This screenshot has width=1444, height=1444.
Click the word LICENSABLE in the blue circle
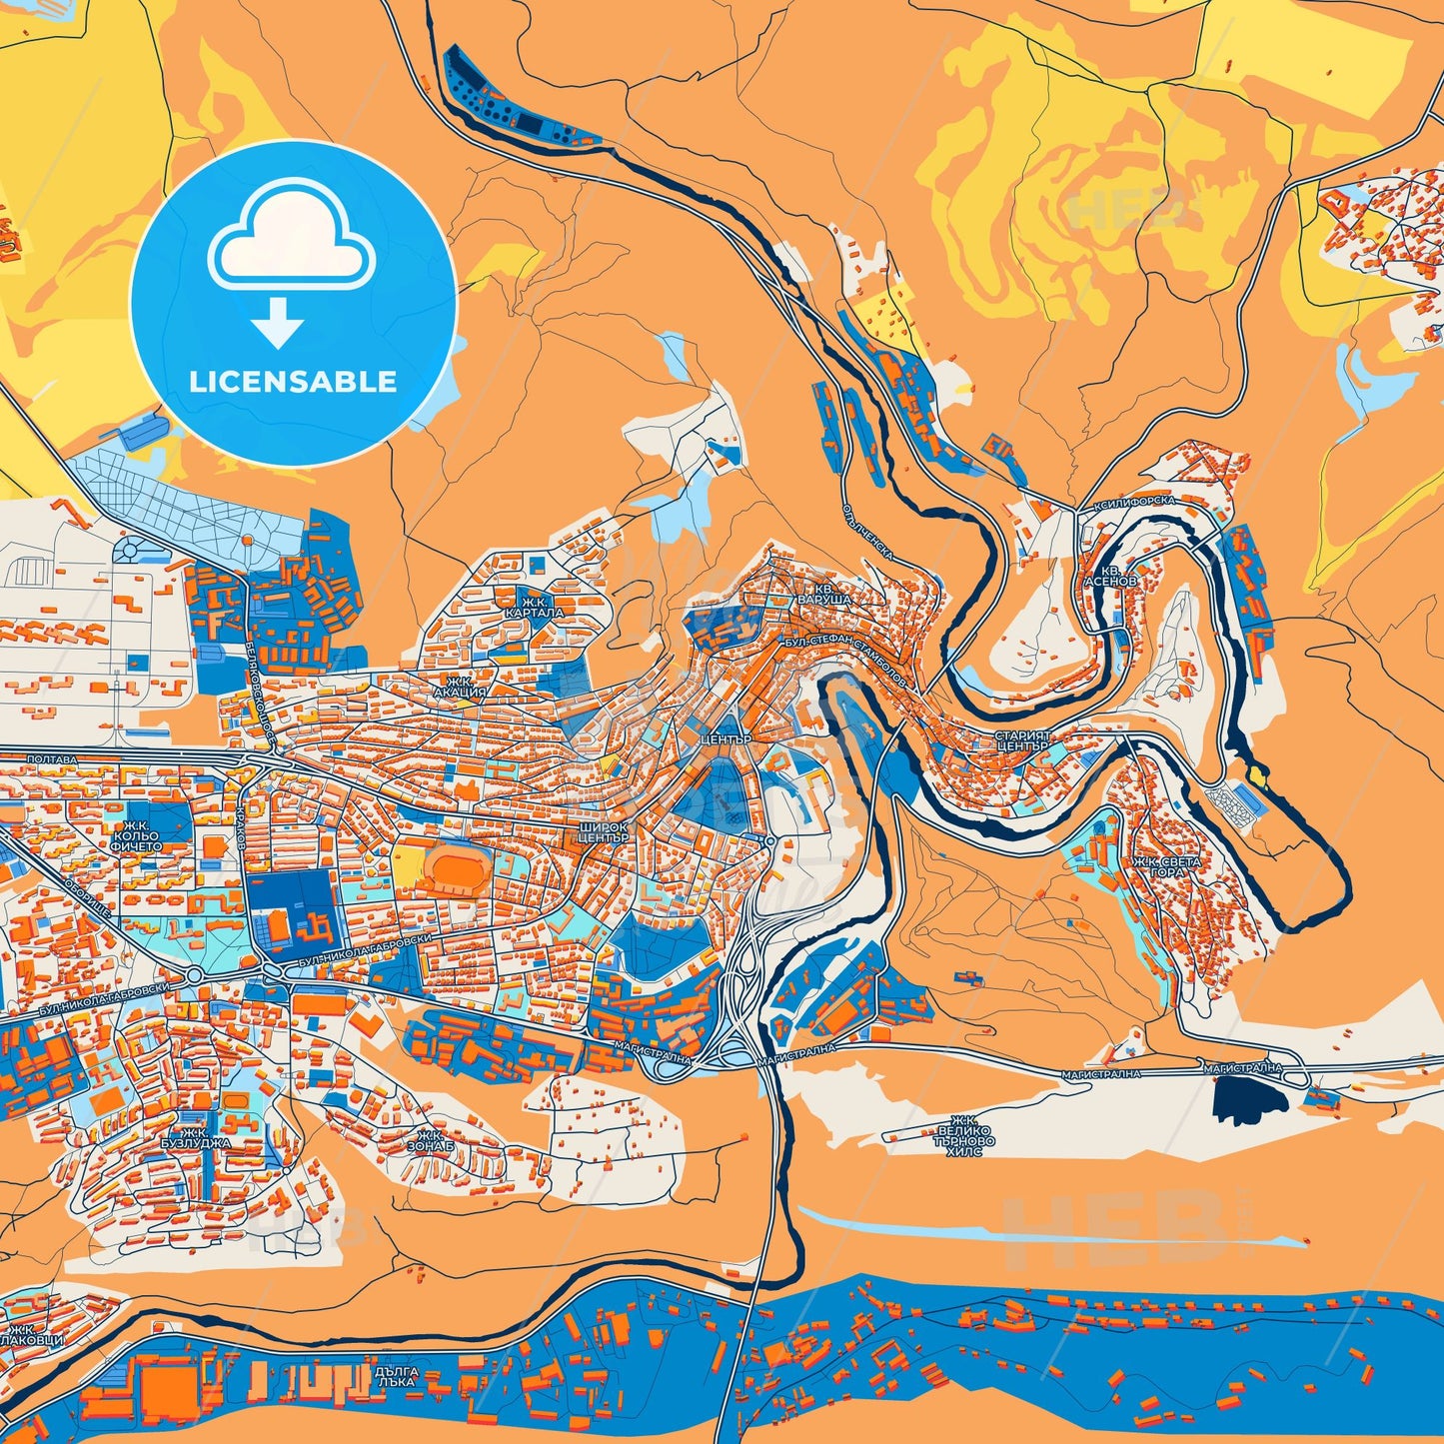coord(294,382)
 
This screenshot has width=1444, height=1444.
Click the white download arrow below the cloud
coord(278,323)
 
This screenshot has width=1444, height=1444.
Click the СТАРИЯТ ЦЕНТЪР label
coord(1021,740)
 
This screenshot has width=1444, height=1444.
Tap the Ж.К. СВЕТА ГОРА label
coord(1166,866)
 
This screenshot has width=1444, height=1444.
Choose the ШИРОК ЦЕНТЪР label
coord(603,832)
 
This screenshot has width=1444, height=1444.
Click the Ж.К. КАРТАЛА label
coord(541,607)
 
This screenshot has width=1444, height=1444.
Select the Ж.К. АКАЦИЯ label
coord(460,686)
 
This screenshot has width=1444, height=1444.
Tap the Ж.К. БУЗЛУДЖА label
coord(195,1137)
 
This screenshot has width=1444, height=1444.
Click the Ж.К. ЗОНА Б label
coord(431,1141)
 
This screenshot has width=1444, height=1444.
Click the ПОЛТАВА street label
coord(51,759)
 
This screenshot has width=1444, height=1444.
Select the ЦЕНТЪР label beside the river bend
coord(725,738)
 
